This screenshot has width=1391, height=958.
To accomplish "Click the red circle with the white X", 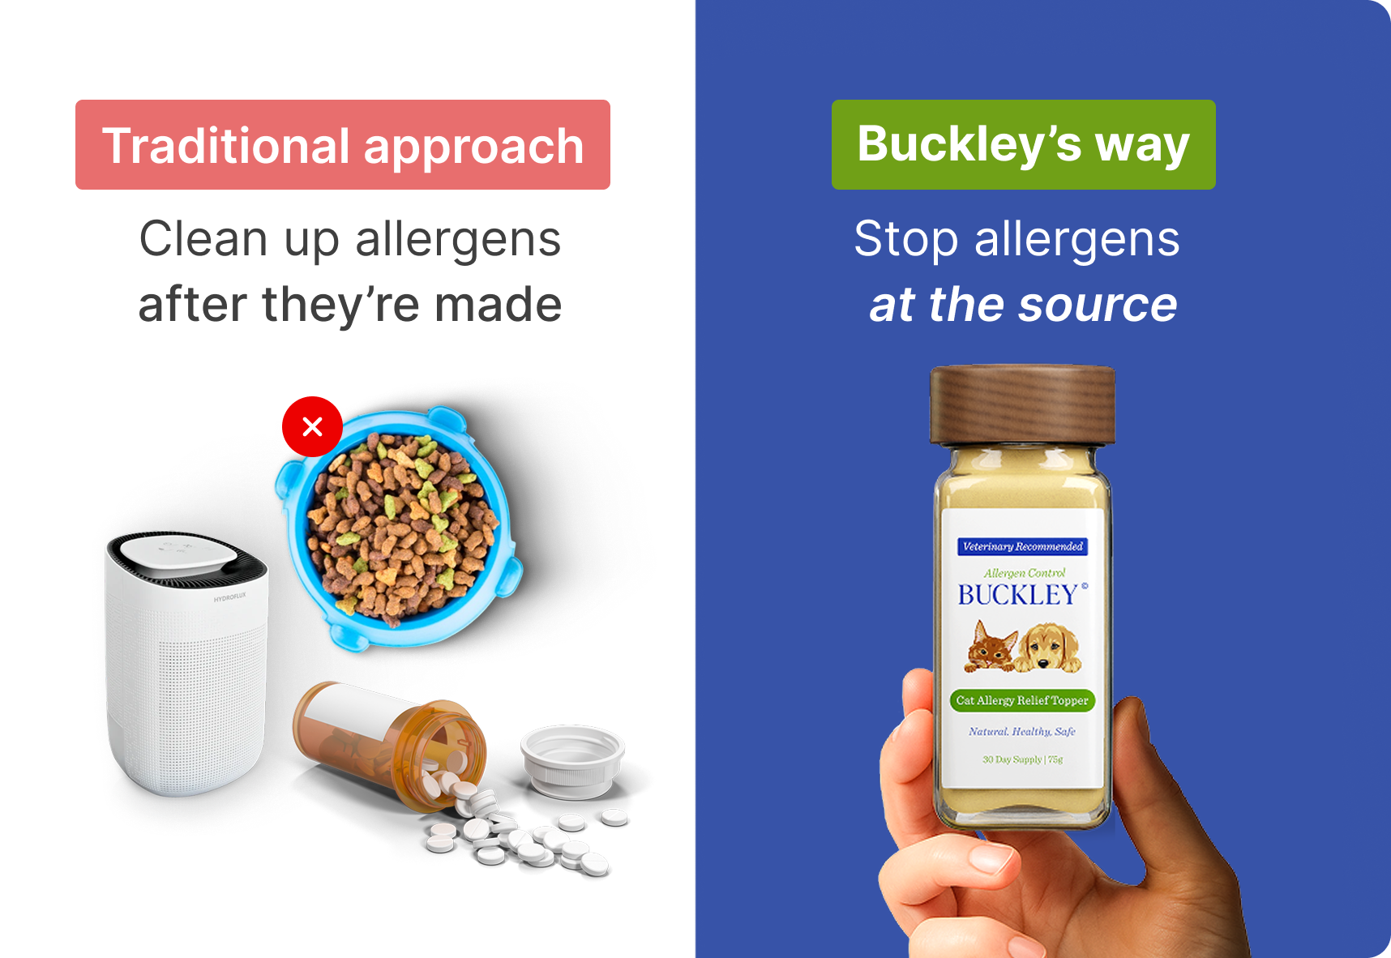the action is pyautogui.click(x=312, y=426).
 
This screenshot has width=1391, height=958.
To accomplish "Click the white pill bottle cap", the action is pyautogui.click(x=573, y=761).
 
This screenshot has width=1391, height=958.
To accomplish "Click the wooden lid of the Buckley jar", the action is pyautogui.click(x=1022, y=404).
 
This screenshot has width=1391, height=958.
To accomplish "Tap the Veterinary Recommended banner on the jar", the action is pyautogui.click(x=1022, y=546).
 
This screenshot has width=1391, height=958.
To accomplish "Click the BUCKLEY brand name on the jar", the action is pyautogui.click(x=1018, y=595).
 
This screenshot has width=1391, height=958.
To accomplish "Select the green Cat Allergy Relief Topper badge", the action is pyautogui.click(x=1022, y=700).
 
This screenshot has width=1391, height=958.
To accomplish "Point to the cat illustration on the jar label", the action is pyautogui.click(x=991, y=647).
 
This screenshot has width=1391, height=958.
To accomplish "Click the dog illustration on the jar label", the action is pyautogui.click(x=1049, y=648).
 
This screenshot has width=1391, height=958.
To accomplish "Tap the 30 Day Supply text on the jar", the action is pyautogui.click(x=1012, y=759).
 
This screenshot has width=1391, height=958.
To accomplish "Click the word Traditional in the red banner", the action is pyautogui.click(x=226, y=146).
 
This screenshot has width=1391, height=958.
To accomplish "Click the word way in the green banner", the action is pyautogui.click(x=1142, y=147).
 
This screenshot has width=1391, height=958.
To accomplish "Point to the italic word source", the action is pyautogui.click(x=1098, y=306).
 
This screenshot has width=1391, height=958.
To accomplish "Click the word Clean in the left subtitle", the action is pyautogui.click(x=203, y=239).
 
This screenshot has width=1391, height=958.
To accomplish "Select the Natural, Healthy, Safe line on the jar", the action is pyautogui.click(x=1022, y=731).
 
